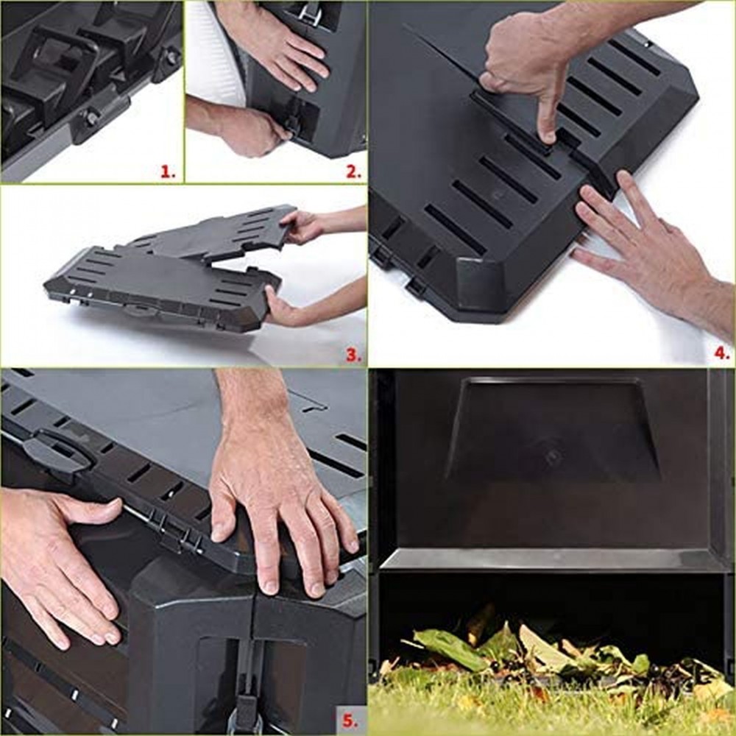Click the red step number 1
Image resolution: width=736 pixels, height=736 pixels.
(x=168, y=171)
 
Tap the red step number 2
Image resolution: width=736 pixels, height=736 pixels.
(x=353, y=171)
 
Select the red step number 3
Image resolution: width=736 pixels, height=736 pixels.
(x=353, y=355)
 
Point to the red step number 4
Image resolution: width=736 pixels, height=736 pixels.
(x=722, y=353)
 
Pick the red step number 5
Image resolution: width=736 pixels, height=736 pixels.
(x=350, y=719)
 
